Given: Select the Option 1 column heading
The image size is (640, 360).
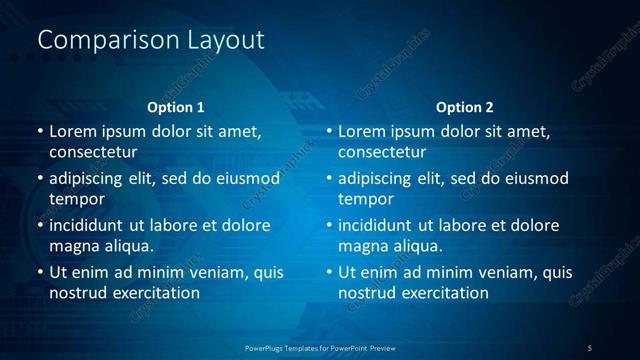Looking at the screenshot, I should click(x=176, y=107).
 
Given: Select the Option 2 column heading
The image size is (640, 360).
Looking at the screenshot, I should click(x=465, y=107).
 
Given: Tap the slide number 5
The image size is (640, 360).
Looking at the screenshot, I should click(x=589, y=347).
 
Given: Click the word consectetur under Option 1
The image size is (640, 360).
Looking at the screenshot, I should click(x=93, y=153).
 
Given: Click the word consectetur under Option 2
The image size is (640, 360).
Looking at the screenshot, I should click(x=382, y=153).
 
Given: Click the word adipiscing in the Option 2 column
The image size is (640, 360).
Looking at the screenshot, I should click(x=375, y=178).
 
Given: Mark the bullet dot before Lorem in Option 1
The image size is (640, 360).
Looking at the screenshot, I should click(x=40, y=131).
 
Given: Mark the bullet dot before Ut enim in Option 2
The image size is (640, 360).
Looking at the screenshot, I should click(x=329, y=272).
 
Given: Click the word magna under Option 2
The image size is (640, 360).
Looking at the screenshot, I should click(x=363, y=245).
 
